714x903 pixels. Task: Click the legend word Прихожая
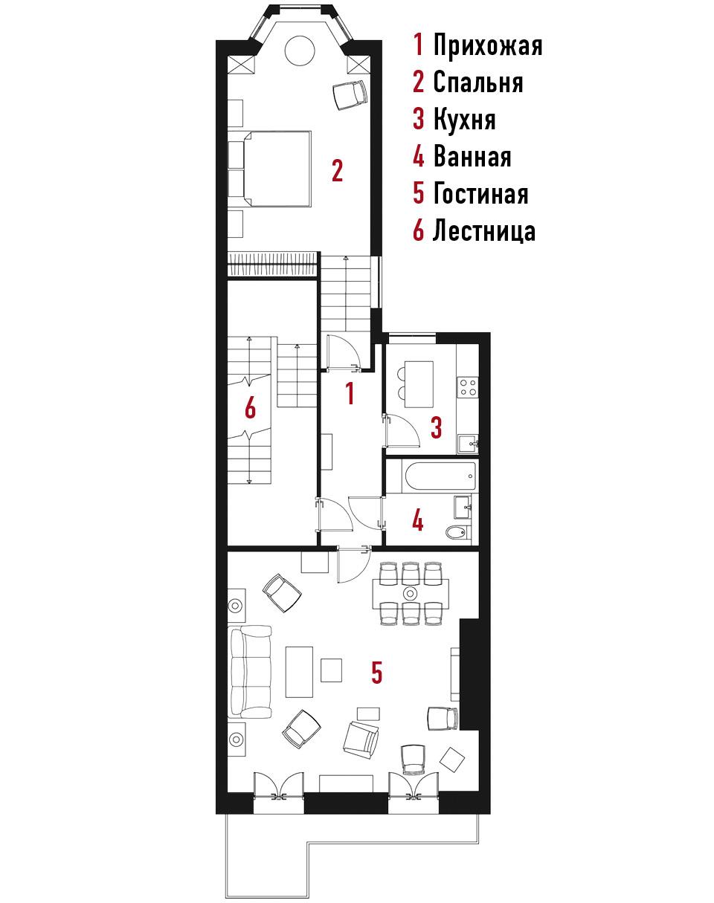point(488,45)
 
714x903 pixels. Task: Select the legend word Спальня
point(478,82)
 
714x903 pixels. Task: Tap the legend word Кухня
point(464,120)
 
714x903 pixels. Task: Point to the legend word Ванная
point(472,157)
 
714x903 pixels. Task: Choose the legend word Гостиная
point(480,194)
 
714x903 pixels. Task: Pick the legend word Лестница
point(484,232)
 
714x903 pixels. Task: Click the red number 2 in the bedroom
point(337,170)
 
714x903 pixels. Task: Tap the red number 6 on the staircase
point(251,407)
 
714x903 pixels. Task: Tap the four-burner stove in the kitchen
point(468,387)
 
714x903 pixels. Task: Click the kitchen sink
point(469,444)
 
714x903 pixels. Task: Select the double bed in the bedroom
point(270,169)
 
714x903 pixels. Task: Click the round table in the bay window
point(300,51)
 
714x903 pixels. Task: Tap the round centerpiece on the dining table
point(410,594)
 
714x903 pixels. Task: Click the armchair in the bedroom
point(350,94)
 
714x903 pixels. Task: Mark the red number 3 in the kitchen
point(437,427)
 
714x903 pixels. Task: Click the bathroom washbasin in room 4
point(463,507)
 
